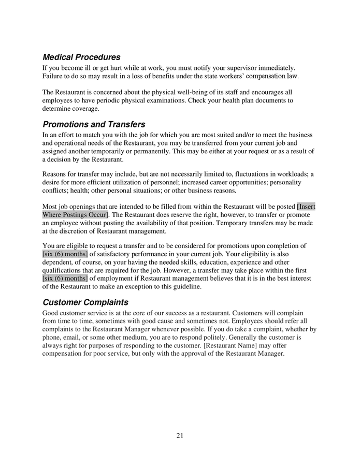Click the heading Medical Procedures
(81, 57)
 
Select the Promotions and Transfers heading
(94, 125)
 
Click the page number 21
(180, 435)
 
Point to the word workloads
(293, 174)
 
